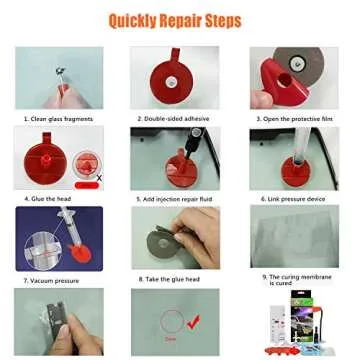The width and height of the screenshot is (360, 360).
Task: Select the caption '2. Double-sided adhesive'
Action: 175,118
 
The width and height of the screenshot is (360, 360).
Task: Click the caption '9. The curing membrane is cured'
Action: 295,280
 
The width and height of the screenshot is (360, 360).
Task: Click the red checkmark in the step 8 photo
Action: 196,322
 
